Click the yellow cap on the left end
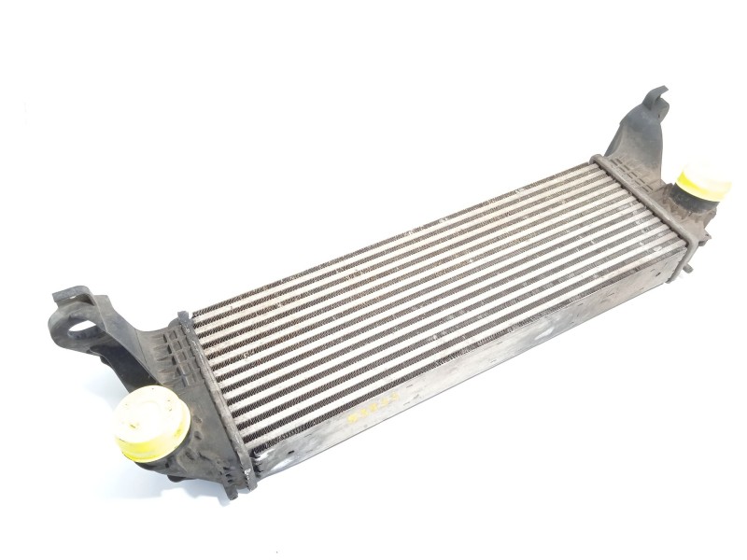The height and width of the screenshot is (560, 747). coord(150,423)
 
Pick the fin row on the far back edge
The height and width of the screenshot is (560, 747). coord(392,238)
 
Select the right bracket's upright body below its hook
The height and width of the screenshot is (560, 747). coord(635,140)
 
